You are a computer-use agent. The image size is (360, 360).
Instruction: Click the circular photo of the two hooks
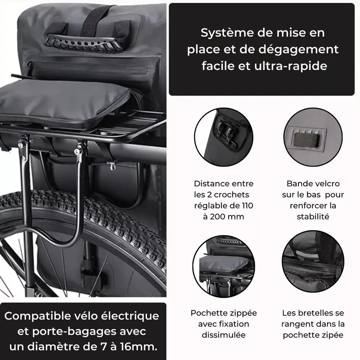[x=224, y=137]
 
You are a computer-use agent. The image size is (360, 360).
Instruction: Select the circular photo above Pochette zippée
[x=224, y=266]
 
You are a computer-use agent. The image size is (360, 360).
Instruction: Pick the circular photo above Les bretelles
[x=313, y=261]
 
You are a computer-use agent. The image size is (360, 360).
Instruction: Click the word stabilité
[x=313, y=216]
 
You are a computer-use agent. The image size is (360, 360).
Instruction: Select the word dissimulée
[x=224, y=335]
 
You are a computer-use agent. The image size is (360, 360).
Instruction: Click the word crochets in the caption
[x=231, y=195]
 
